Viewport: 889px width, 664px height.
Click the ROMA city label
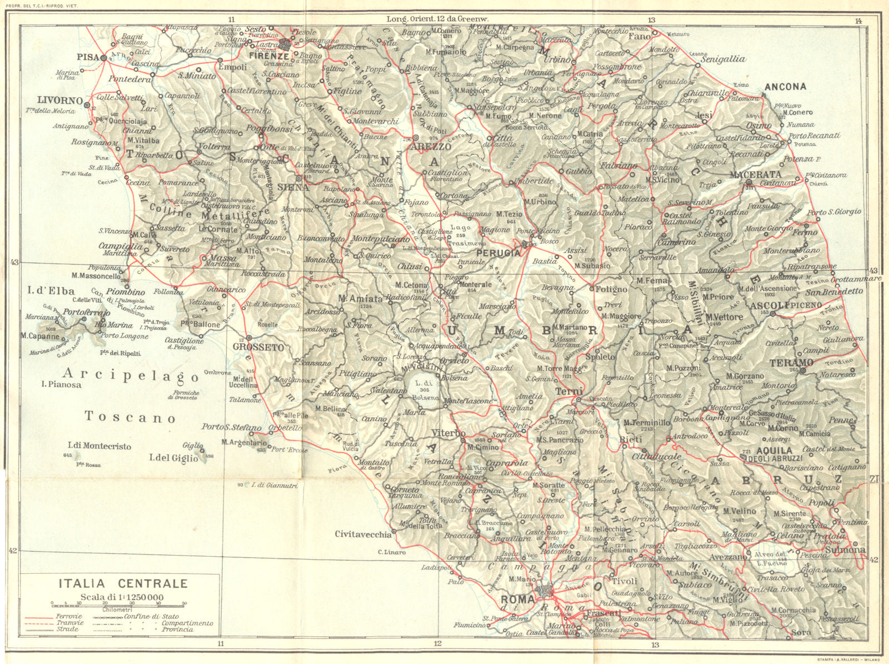pyautogui.click(x=518, y=599)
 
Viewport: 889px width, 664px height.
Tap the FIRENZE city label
pyautogui.click(x=269, y=56)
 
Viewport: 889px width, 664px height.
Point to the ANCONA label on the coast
pyautogui.click(x=785, y=87)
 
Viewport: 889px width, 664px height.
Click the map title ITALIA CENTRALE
pyautogui.click(x=123, y=583)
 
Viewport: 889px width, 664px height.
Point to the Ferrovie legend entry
pyautogui.click(x=68, y=616)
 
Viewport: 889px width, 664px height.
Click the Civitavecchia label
pyautogui.click(x=363, y=534)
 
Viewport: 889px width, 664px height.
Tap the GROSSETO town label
pyautogui.click(x=258, y=348)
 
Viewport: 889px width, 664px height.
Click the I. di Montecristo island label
pyautogui.click(x=99, y=446)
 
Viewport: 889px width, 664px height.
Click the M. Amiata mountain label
pyautogui.click(x=361, y=299)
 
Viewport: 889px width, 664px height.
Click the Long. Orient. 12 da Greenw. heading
pyautogui.click(x=437, y=19)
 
